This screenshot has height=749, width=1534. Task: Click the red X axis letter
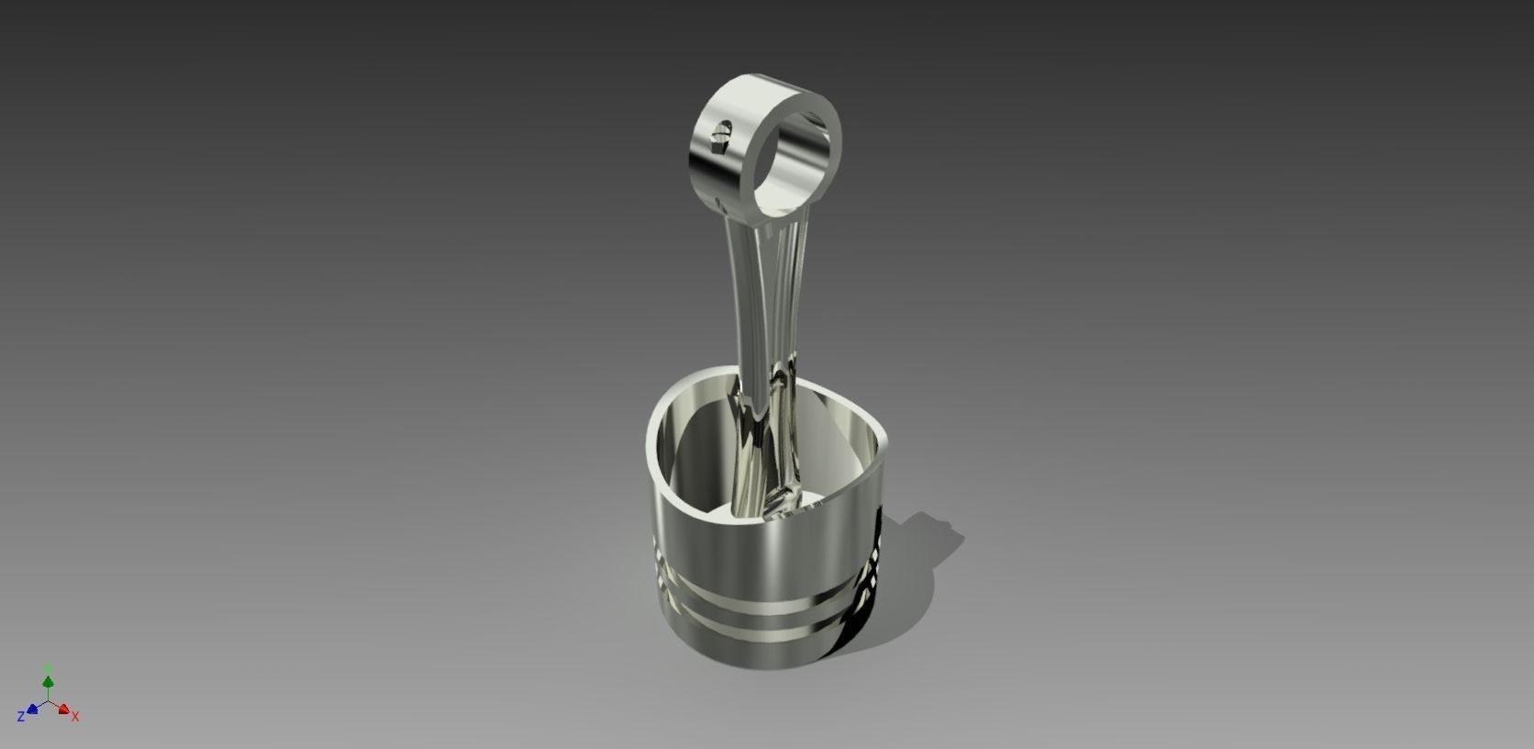tap(75, 716)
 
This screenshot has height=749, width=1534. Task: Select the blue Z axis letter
tap(20, 716)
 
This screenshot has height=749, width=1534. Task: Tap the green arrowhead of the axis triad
tap(48, 682)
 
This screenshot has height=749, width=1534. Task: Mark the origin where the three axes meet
tap(48, 702)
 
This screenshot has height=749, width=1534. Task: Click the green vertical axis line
tap(48, 693)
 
